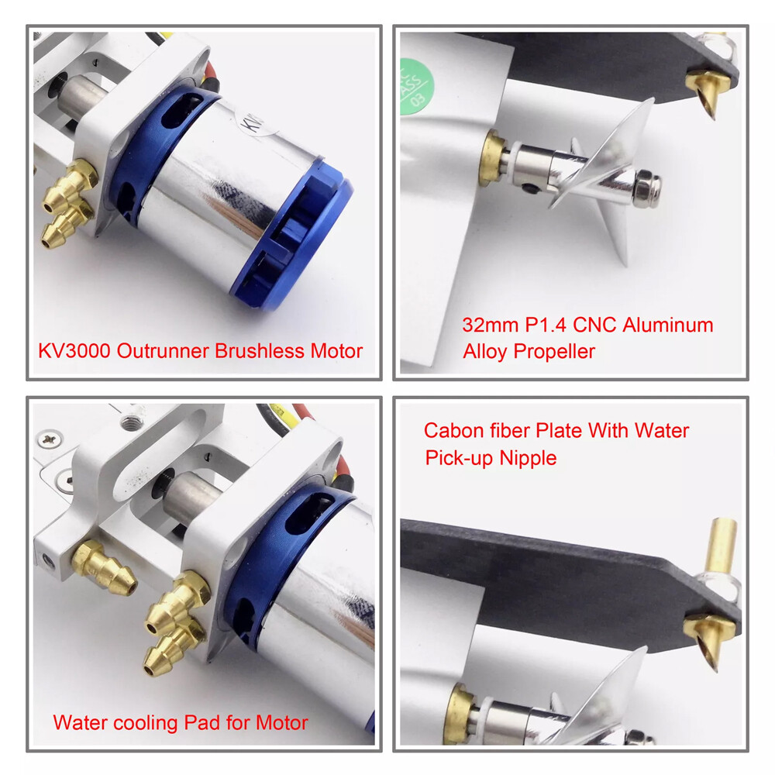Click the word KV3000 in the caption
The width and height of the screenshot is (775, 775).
tap(74, 351)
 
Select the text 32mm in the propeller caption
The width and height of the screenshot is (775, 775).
tap(491, 325)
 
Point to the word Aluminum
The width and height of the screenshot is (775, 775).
tap(668, 325)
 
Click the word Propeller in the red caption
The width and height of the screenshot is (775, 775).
tap(554, 352)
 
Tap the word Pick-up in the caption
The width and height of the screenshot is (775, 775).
tap(459, 459)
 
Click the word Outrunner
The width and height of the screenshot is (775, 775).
tap(163, 351)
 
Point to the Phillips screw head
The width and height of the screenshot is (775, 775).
tap(49, 439)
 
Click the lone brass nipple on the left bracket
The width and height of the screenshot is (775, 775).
tap(103, 569)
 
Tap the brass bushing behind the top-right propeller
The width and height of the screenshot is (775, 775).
tap(492, 157)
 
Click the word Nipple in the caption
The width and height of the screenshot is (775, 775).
tap(528, 459)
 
